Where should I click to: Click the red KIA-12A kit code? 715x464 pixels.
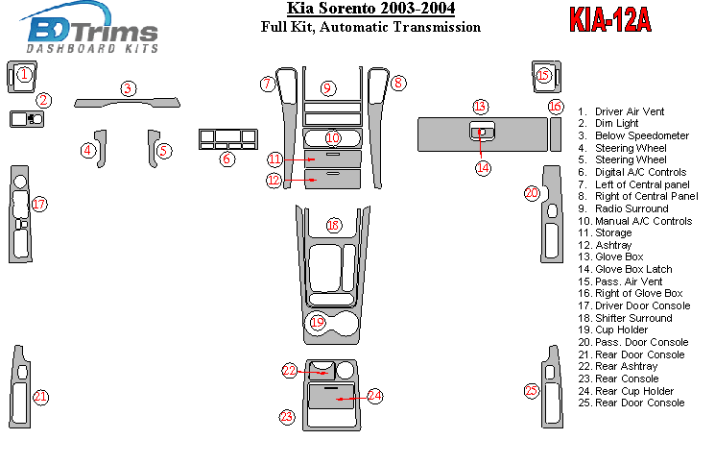609,20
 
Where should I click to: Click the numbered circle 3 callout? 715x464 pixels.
128,88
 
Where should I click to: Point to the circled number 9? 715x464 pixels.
327,88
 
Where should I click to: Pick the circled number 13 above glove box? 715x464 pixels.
481,106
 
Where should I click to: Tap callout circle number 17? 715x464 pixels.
38,204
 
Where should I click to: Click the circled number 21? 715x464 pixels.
39,396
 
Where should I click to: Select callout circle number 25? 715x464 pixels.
531,390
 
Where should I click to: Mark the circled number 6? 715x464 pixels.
226,159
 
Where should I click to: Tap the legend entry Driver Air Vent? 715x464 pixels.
628,111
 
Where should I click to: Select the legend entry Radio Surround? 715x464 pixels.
632,208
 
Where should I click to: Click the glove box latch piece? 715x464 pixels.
483,132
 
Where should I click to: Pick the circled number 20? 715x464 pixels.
531,193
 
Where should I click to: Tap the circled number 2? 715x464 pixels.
44,100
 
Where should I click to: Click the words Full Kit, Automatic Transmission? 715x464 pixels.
370,28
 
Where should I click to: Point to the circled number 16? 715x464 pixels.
555,106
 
